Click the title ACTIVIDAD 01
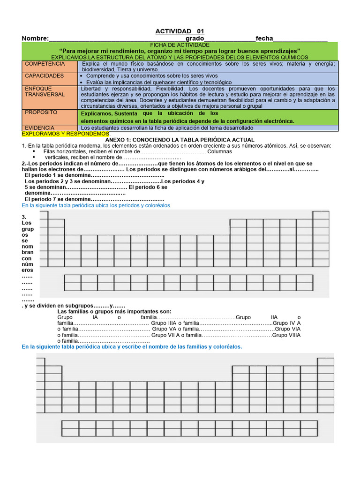180,31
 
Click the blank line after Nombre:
117,38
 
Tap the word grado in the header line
195,38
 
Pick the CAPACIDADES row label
44,75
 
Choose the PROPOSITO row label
41,112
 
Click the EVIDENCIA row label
39,127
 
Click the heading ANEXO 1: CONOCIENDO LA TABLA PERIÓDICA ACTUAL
180,140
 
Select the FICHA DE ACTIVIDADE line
180,44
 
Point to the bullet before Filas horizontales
34,152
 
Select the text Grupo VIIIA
286,335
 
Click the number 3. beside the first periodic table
24,217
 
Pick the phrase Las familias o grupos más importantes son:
114,311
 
